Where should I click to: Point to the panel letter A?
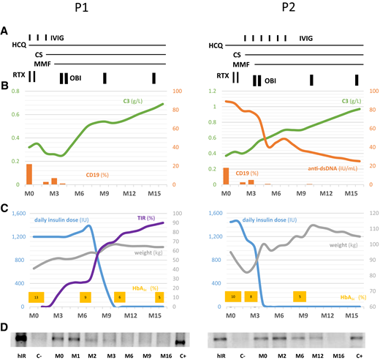pos(5,31)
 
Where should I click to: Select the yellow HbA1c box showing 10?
pos(233,296)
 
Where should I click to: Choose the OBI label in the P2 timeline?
pos(270,80)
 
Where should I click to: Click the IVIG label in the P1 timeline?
pos(56,37)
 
